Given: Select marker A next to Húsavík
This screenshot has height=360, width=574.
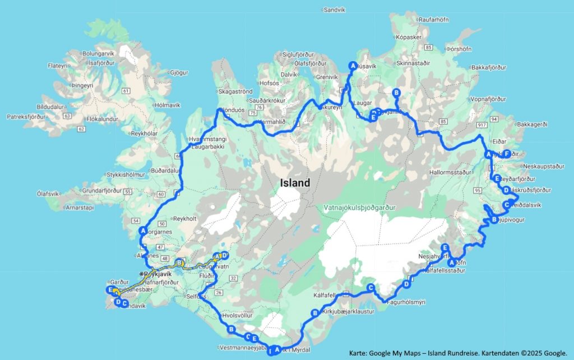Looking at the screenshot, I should click(x=353, y=64).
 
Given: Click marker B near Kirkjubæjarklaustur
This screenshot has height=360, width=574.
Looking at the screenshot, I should click(x=314, y=313).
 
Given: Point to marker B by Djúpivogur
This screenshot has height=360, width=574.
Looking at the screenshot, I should click(x=494, y=220).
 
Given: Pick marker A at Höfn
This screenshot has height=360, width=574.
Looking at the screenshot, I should click(x=451, y=262).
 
